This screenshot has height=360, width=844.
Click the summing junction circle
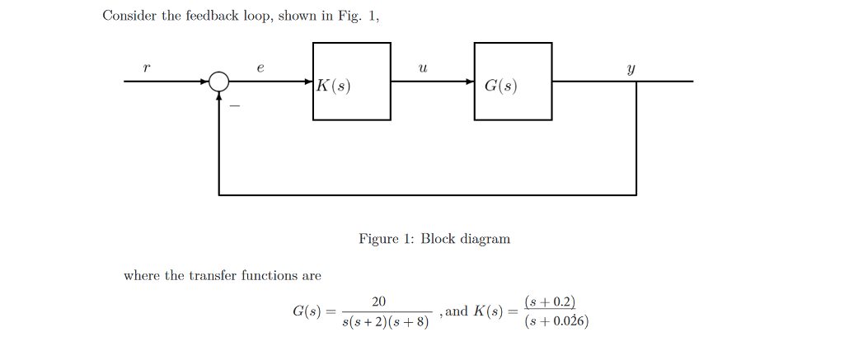coord(218,82)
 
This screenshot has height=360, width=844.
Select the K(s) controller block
coord(351,81)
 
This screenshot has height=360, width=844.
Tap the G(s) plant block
coord(513,81)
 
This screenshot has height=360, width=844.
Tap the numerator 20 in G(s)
coord(379,302)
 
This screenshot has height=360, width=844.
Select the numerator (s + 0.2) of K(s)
coord(549,302)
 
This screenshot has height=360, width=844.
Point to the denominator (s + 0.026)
coord(556,322)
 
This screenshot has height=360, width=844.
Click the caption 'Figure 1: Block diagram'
coord(434,239)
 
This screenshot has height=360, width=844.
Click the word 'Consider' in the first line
coord(129,16)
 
